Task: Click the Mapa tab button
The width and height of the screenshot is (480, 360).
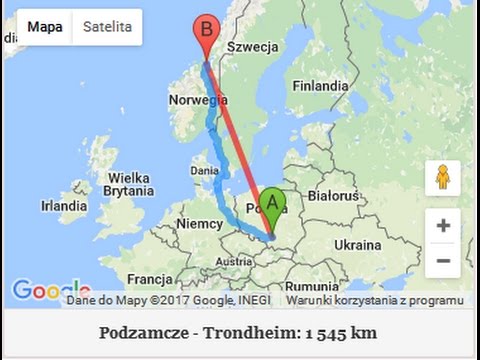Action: pyautogui.click(x=45, y=27)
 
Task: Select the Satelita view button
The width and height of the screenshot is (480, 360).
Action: pyautogui.click(x=107, y=27)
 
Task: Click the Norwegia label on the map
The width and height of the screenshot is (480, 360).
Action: pyautogui.click(x=198, y=100)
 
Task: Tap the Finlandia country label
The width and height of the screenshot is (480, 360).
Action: pyautogui.click(x=320, y=86)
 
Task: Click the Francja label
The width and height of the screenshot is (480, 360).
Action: pyautogui.click(x=150, y=279)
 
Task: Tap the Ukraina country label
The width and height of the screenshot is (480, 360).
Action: pyautogui.click(x=357, y=244)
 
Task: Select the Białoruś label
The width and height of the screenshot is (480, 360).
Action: pyautogui.click(x=333, y=195)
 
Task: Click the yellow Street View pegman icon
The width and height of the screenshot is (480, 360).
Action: pyautogui.click(x=442, y=178)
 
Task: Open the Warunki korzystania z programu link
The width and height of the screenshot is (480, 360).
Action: pyautogui.click(x=374, y=300)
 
